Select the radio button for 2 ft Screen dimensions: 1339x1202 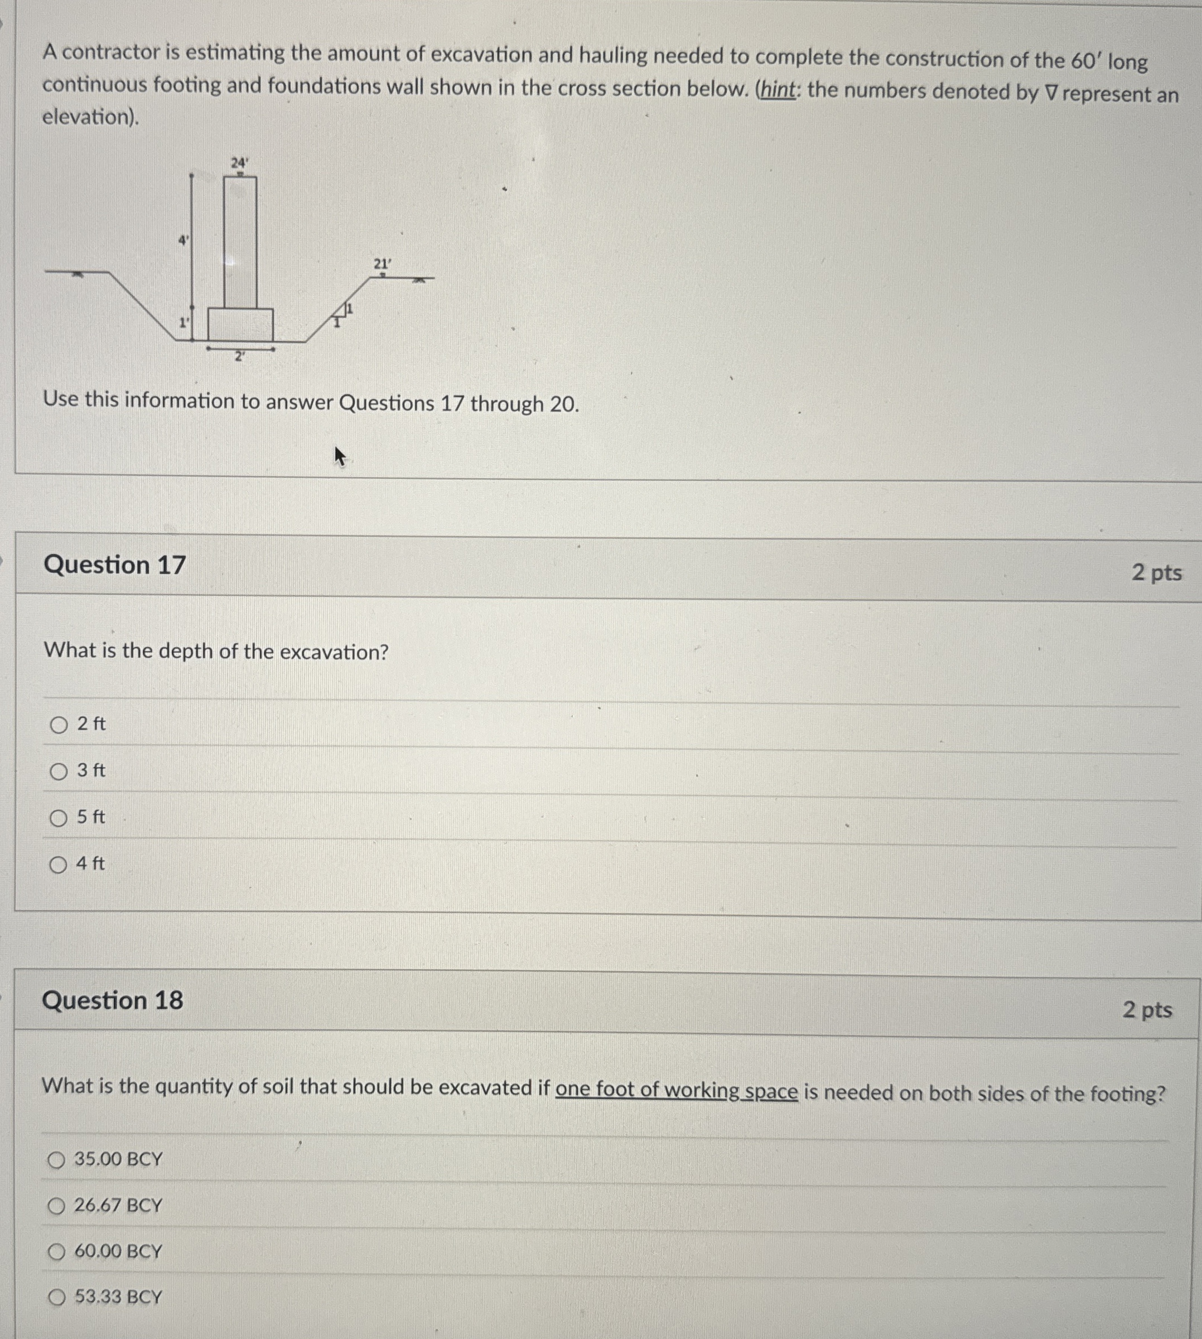click(59, 725)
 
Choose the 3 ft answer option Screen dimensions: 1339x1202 click(59, 772)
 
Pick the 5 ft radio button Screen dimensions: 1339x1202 click(59, 818)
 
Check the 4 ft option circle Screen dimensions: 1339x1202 click(58, 865)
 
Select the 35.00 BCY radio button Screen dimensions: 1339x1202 click(57, 1160)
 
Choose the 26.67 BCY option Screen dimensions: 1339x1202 click(57, 1206)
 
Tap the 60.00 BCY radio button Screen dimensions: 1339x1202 click(57, 1252)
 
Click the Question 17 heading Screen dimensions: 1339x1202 click(114, 565)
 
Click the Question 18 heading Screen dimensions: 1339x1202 click(113, 1000)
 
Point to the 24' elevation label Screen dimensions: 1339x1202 click(239, 162)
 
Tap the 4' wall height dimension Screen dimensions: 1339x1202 click(184, 240)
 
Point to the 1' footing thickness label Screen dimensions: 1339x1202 click(184, 323)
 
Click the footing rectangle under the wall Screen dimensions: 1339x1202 click(240, 324)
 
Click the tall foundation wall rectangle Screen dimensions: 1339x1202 click(240, 243)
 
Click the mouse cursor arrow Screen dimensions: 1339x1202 click(340, 456)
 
